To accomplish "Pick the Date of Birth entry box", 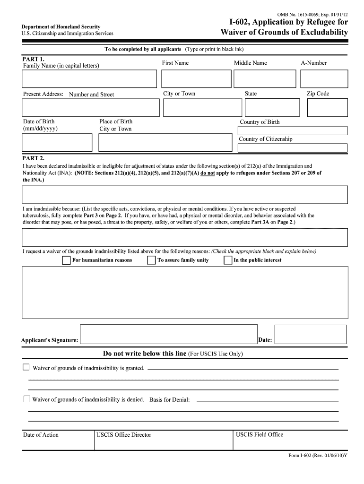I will pyautogui.click(x=57, y=142).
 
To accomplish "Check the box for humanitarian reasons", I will pyautogui.click(x=67, y=260).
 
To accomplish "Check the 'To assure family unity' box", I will pyautogui.click(x=151, y=260).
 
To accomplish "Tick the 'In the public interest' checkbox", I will pyautogui.click(x=228, y=260).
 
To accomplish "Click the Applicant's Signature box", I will pyautogui.click(x=169, y=334).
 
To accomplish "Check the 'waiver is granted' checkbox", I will pyautogui.click(x=26, y=367).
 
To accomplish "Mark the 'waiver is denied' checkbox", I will pyautogui.click(x=26, y=399).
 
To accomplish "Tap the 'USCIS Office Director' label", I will pyautogui.click(x=124, y=435).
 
